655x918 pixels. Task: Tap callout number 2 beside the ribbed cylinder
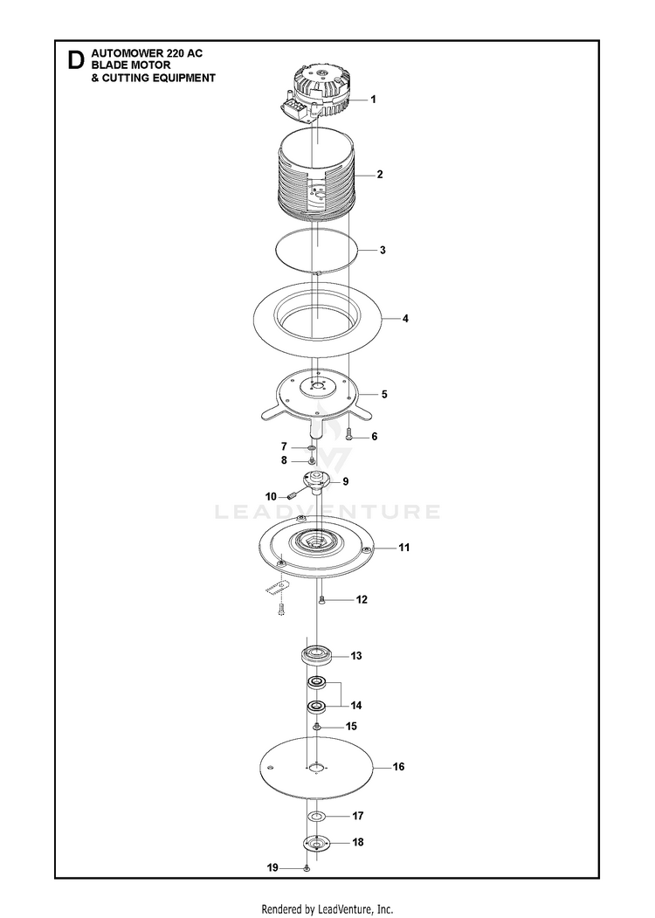click(x=380, y=174)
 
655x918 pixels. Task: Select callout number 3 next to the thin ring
click(x=383, y=250)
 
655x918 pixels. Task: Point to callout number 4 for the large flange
click(x=405, y=319)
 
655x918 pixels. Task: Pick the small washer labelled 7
click(x=312, y=448)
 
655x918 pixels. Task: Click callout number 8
click(x=284, y=461)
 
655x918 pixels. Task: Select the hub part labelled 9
click(x=317, y=484)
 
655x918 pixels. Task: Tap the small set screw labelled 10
click(x=293, y=495)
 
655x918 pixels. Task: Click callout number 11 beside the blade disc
click(x=403, y=548)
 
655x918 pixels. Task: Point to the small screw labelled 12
click(x=321, y=599)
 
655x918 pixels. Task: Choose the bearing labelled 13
click(x=317, y=654)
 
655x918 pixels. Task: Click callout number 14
click(x=356, y=706)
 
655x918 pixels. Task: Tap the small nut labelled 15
click(x=316, y=727)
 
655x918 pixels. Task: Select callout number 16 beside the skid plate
click(x=398, y=766)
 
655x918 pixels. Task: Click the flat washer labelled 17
click(x=316, y=816)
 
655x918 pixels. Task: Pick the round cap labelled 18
click(x=317, y=844)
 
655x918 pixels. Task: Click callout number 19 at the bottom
click(x=272, y=867)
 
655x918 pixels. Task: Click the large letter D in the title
click(x=75, y=59)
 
